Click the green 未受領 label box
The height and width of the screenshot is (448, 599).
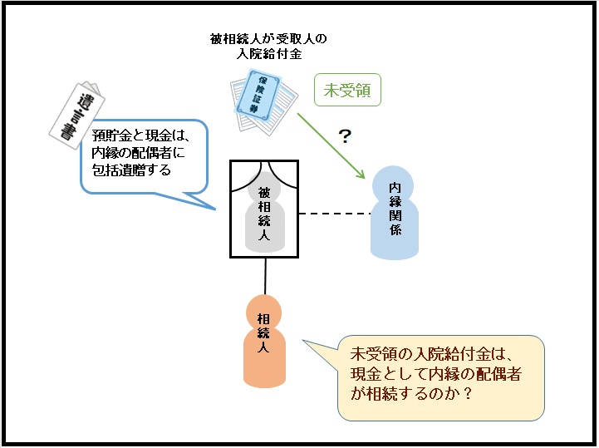coord(347,91)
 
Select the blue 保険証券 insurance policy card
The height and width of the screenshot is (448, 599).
coord(264,98)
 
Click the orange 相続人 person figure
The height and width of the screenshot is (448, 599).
coord(264,341)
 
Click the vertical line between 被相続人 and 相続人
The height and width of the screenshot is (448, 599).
coord(265,275)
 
